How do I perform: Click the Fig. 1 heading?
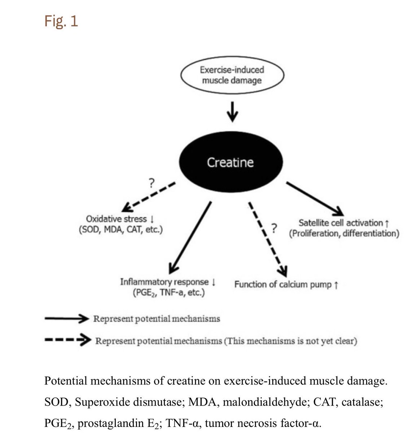coord(61,21)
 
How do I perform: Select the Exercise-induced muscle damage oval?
coord(232,75)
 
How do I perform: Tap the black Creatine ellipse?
coord(230,162)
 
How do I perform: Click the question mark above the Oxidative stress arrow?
coord(151,183)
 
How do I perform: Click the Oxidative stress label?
coord(120,219)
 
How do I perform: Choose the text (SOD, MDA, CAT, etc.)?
coord(120,229)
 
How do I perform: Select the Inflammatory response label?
coord(168,282)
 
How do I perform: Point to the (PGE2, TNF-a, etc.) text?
coord(168,293)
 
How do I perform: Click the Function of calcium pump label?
coord(286,285)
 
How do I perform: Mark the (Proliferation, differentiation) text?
coord(344,233)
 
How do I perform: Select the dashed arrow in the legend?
coord(67,340)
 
